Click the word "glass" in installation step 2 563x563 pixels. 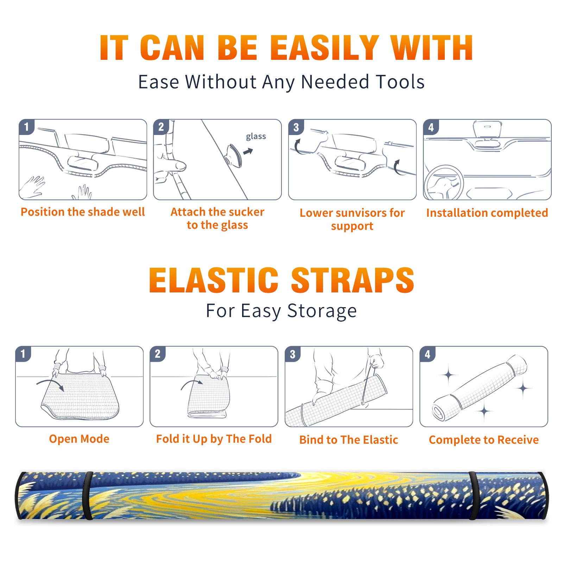256,137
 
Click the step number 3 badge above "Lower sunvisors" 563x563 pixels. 296,127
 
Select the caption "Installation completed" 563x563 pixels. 487,213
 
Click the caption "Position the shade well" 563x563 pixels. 83,212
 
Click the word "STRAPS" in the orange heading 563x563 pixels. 353,280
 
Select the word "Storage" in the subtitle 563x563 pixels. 322,311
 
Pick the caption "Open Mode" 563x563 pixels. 79,439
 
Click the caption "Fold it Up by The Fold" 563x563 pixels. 214,439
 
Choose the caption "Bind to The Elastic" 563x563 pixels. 349,440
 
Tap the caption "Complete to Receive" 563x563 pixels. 484,440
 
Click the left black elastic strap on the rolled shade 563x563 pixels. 88,495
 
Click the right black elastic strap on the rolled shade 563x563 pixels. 473,495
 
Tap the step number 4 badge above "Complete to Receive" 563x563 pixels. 428,354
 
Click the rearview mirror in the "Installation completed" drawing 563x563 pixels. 487,129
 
